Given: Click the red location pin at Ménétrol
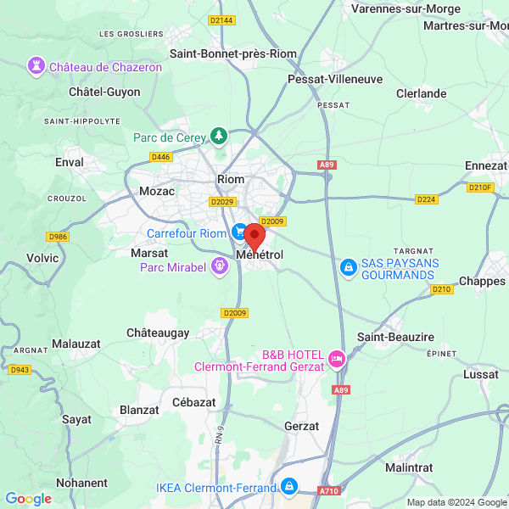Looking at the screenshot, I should (255, 235).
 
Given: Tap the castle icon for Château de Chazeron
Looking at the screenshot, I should (36, 66).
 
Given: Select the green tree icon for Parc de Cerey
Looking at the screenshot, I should (220, 136).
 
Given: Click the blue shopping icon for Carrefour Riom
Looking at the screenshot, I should (240, 232).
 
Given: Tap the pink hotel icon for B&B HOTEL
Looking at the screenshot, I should (338, 360).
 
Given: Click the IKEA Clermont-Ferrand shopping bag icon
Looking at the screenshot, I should (290, 487).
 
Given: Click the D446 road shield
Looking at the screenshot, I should (159, 157).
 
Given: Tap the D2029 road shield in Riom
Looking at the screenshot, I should (223, 202).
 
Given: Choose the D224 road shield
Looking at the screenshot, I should (427, 199).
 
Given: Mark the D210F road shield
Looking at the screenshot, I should (479, 187).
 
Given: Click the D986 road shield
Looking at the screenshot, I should (58, 237).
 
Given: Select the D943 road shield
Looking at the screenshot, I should (19, 370).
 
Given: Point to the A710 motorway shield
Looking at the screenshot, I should (329, 490).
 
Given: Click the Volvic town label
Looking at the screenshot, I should (42, 257).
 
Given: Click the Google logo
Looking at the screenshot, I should (29, 499).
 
